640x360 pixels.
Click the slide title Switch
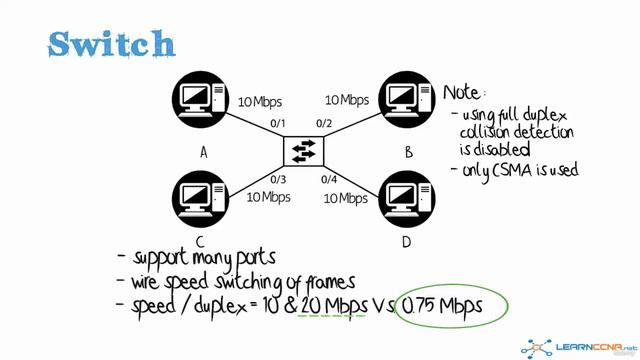(x=112, y=43)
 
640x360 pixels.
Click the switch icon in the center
(x=302, y=152)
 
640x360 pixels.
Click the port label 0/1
(x=278, y=124)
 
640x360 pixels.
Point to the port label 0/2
(x=324, y=124)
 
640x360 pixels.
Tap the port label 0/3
(x=278, y=179)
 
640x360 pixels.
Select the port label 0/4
(x=327, y=179)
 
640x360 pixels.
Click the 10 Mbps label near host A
(x=260, y=102)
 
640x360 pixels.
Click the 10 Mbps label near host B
(x=346, y=100)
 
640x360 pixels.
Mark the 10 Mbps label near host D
(x=345, y=198)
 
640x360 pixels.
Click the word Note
(x=463, y=92)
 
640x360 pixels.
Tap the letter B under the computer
(x=408, y=152)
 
